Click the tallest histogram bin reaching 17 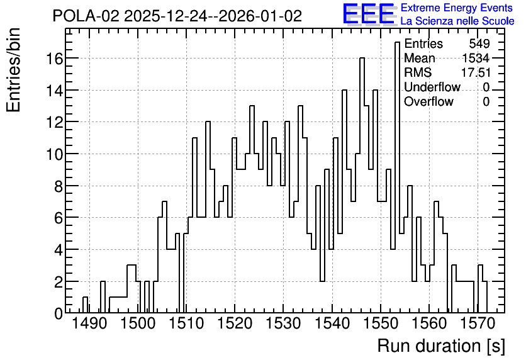397,178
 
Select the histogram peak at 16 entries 362,186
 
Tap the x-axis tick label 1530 284,323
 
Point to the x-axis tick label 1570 478,323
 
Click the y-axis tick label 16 54,59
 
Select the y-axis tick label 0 59,313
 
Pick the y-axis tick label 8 59,186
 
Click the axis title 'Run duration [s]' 441,346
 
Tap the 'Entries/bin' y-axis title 14,70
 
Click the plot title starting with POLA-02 177,16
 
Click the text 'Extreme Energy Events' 457,8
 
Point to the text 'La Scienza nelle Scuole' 457,21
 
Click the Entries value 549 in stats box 479,43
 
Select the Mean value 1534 476,58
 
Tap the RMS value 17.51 476,72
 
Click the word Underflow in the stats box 432,87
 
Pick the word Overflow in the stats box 428,101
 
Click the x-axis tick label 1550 381,323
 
